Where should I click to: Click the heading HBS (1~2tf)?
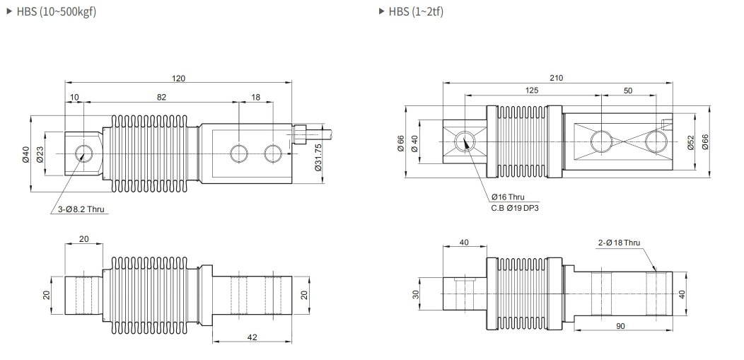416,12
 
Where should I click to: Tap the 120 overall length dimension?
178,79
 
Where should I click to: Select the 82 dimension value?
161,98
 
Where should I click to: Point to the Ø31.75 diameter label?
318,157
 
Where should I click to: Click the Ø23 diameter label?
40,153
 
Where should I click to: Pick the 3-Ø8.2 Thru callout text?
82,209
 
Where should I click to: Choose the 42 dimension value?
252,337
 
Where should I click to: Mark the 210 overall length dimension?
557,79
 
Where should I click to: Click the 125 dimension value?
533,91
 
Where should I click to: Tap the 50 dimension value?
629,91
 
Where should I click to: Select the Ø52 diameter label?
691,141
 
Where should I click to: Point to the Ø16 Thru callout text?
507,197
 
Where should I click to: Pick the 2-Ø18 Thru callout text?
619,243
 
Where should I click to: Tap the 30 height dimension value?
416,294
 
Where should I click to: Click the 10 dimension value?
75,98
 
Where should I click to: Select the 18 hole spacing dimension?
256,98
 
